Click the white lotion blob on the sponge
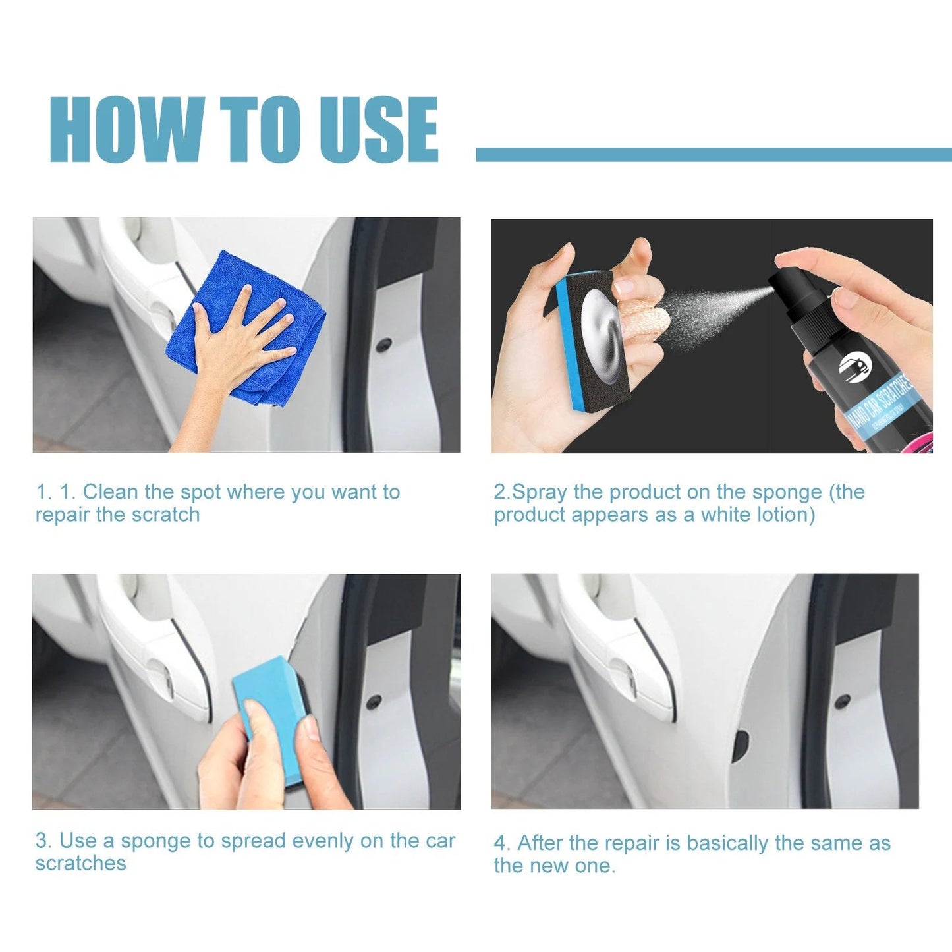click(x=601, y=336)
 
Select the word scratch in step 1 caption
click(x=170, y=515)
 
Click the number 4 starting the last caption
click(x=500, y=843)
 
